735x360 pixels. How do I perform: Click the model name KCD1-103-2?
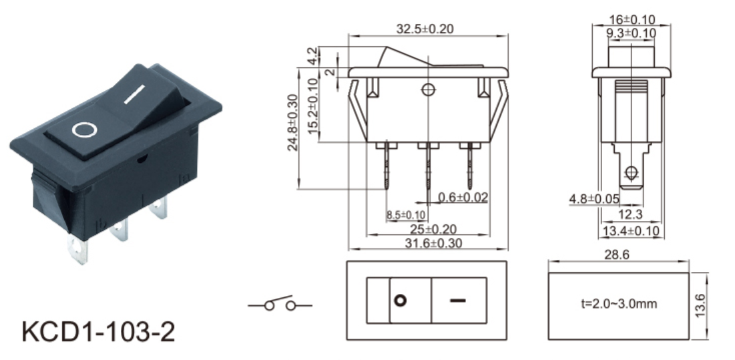98,332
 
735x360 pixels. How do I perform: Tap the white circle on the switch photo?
85,130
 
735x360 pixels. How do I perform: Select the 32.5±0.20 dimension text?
425,29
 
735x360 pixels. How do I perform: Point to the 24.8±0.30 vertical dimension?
293,123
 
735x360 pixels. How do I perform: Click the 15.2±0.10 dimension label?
313,106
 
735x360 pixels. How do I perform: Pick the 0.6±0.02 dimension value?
463,198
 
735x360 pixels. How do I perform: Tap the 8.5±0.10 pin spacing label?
406,215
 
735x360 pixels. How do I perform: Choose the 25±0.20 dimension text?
434,229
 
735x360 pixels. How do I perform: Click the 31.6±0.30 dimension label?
434,243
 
